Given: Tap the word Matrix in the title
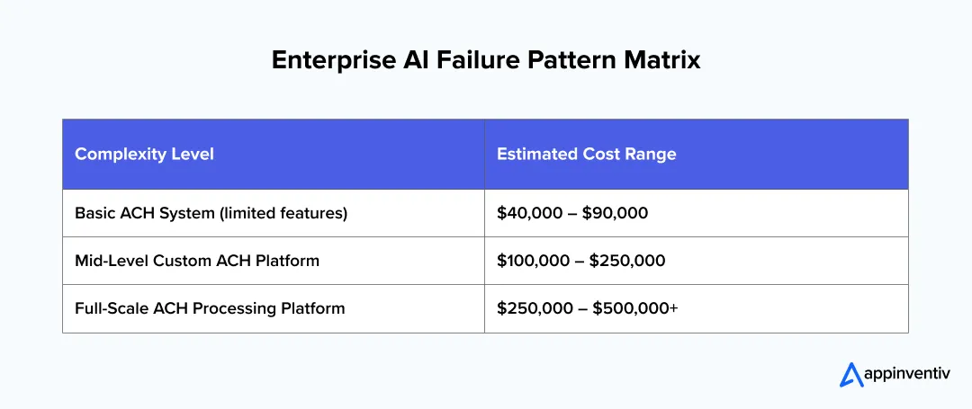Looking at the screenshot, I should [666, 60].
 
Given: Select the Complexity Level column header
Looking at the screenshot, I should [144, 154].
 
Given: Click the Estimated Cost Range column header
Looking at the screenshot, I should [586, 154].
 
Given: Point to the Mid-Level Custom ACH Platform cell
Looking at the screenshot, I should [197, 261].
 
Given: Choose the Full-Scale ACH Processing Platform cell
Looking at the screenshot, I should [210, 308].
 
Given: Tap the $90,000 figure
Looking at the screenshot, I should [617, 213].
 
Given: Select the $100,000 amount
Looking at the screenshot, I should [533, 261].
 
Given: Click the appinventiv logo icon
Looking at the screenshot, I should [850, 374].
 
